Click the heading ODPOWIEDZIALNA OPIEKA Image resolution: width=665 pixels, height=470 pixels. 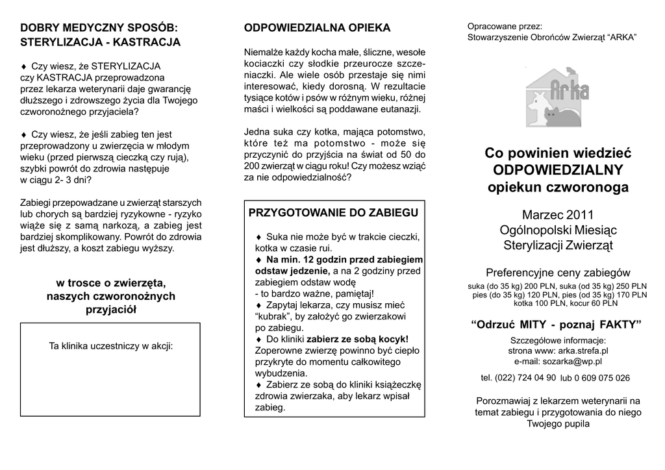point(317,28)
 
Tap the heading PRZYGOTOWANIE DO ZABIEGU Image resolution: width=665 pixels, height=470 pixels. point(334,212)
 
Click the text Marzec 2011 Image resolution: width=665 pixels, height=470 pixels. point(558,214)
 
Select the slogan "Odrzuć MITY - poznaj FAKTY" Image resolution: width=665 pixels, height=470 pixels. point(558,324)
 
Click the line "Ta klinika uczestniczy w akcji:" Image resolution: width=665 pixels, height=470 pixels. point(110,345)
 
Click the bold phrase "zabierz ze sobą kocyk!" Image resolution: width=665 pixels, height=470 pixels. point(357,339)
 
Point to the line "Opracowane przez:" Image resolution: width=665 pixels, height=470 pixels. point(504,27)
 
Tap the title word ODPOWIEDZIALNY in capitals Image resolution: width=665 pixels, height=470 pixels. point(558,170)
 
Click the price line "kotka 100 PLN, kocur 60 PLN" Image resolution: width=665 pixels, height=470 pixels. point(557,303)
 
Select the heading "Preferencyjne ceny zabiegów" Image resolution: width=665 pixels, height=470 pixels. point(558,272)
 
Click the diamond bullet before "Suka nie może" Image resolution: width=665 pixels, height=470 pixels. point(258,236)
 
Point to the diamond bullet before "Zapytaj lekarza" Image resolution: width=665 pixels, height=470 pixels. point(258,304)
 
